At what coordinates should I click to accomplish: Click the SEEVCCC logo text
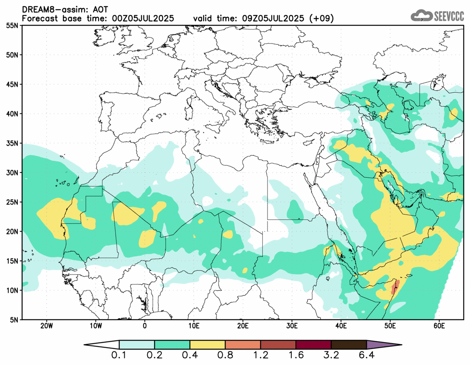pyautogui.click(x=449, y=16)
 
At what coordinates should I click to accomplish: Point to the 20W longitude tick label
pyautogui.click(x=46, y=325)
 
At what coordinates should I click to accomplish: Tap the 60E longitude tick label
pyautogui.click(x=439, y=325)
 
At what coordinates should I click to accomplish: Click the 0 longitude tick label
pyautogui.click(x=145, y=325)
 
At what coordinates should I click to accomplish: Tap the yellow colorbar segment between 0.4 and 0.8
pyautogui.click(x=207, y=345)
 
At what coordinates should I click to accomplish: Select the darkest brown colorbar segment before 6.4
pyautogui.click(x=349, y=345)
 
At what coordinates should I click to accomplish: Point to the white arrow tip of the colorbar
pyautogui.click(x=101, y=345)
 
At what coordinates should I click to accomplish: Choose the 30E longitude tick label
pyautogui.click(x=292, y=325)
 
